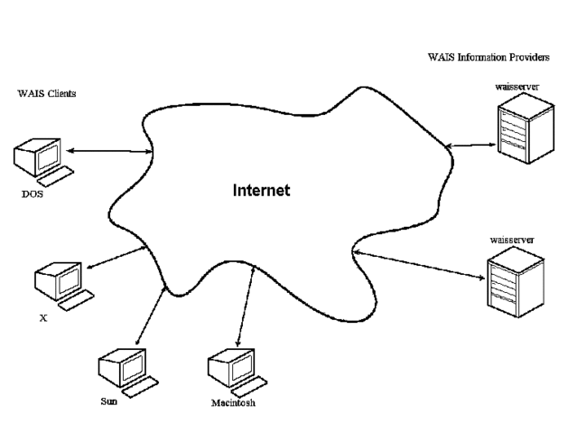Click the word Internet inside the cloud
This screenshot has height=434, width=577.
(x=261, y=191)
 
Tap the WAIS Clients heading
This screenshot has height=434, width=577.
(x=44, y=93)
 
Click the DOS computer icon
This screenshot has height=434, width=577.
(x=41, y=158)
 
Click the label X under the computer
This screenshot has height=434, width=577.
(x=43, y=319)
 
